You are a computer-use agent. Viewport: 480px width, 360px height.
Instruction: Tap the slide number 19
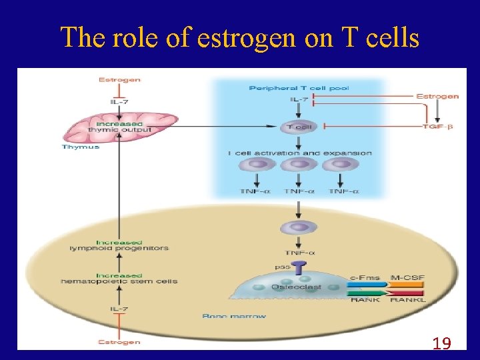(x=441, y=343)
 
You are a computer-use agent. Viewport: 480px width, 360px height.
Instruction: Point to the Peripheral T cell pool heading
(x=299, y=88)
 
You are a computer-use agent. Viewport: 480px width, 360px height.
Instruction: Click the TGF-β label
(x=437, y=127)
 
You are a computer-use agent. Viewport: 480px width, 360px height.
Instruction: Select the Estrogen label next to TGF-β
(x=437, y=96)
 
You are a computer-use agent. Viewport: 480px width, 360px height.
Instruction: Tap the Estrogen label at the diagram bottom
(x=119, y=342)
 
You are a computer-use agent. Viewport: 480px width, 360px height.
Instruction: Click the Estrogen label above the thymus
(x=119, y=80)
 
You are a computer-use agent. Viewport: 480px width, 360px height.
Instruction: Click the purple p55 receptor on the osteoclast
(x=299, y=269)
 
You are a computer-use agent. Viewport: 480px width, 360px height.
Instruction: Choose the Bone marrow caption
(x=233, y=315)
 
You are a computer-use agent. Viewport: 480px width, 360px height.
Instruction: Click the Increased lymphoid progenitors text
(x=119, y=245)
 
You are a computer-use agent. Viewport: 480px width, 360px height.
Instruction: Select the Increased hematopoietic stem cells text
(x=119, y=278)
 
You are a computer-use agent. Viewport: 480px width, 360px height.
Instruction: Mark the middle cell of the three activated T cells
(x=299, y=164)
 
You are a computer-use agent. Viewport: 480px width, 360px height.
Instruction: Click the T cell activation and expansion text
(x=299, y=153)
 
